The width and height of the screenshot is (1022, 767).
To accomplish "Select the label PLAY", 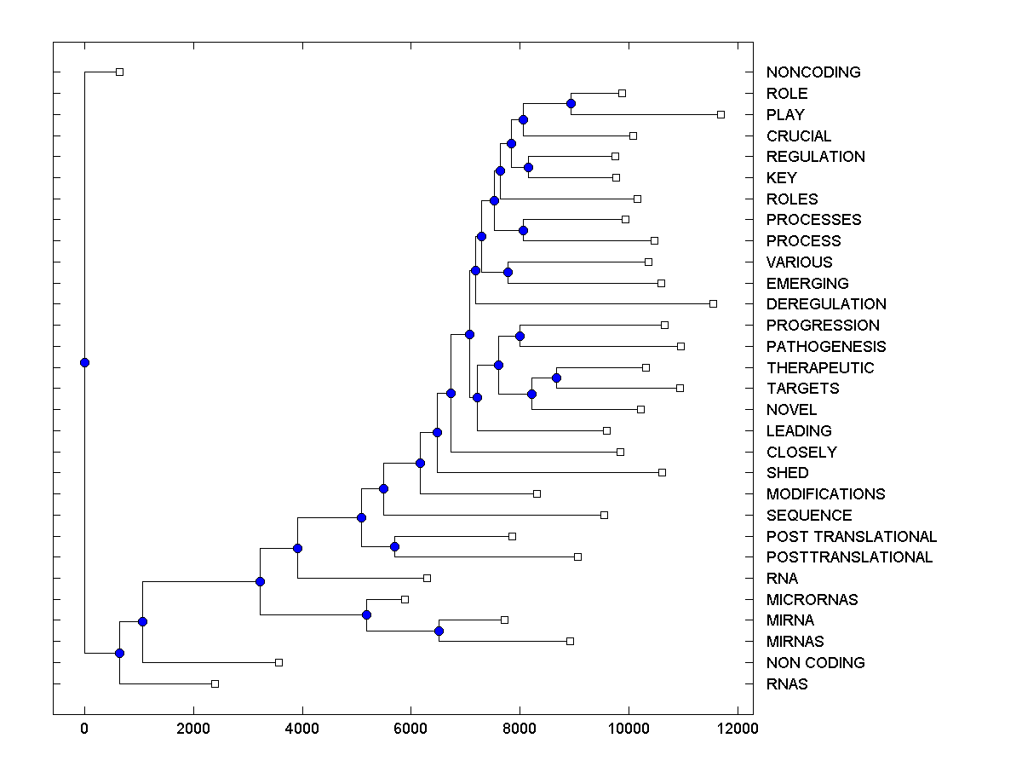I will tap(785, 114).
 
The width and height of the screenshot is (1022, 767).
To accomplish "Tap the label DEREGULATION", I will tap(825, 304).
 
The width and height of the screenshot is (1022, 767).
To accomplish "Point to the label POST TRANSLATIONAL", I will tap(851, 536).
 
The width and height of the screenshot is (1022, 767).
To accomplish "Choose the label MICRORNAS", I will tap(812, 599).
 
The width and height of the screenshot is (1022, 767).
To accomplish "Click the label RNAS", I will tap(787, 683).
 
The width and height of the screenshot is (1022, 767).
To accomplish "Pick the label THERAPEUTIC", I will tap(819, 367).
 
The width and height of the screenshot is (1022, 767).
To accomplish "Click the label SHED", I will tap(787, 473).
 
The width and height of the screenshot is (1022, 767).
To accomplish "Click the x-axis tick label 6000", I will tap(411, 729).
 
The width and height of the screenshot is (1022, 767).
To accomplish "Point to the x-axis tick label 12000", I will tap(738, 729).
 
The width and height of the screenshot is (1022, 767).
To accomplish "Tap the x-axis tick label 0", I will tap(84, 729).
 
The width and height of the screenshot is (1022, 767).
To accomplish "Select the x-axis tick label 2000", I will tap(193, 729).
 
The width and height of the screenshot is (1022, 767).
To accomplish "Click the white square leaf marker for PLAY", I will tap(721, 114).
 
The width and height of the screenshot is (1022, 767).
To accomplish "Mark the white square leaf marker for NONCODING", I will tap(119, 72).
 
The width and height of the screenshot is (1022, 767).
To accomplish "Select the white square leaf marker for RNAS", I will tap(215, 683).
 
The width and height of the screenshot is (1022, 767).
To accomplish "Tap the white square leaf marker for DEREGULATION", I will tap(713, 303).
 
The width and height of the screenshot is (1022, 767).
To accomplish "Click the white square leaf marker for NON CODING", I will tap(278, 662).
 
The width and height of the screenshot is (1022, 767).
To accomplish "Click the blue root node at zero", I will tap(84, 362).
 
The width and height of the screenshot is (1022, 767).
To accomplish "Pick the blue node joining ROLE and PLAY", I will tap(571, 103).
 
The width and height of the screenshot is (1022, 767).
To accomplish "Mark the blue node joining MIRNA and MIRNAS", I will tap(439, 631).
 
